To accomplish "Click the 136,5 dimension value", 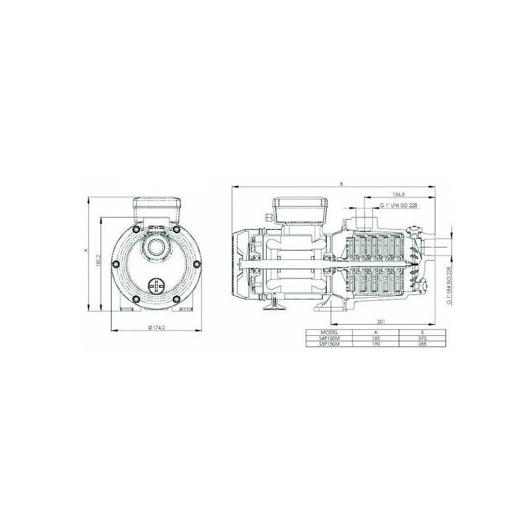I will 398,195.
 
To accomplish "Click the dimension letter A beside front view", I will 86,251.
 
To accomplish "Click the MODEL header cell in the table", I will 329,332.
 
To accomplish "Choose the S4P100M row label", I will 329,338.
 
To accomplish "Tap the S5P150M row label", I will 329,344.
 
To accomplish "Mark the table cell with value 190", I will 376,344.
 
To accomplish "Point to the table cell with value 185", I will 376,338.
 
